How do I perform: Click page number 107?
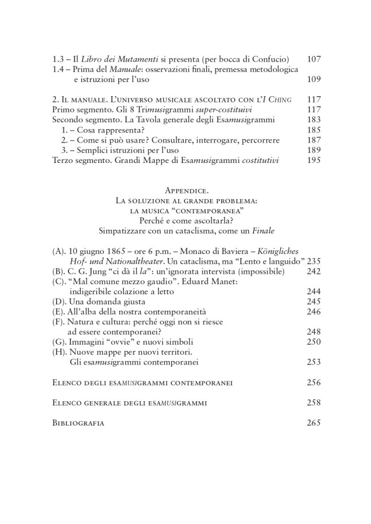(x=313, y=59)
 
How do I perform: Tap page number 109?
(x=313, y=80)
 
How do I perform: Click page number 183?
(x=313, y=121)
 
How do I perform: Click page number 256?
(x=313, y=383)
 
